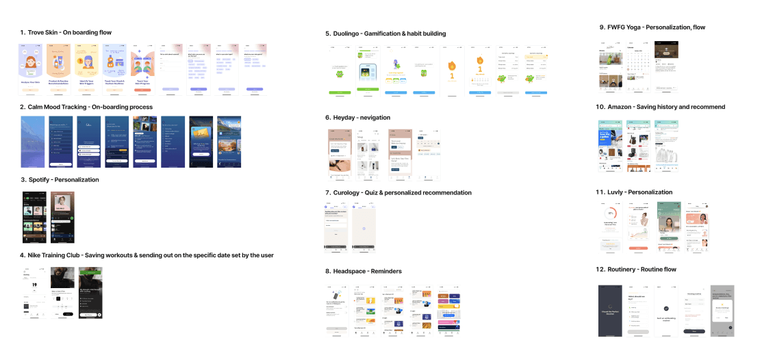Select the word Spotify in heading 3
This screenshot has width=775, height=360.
pos(38,180)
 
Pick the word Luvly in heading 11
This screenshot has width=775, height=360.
pos(616,192)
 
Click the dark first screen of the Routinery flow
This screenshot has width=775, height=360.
pos(610,310)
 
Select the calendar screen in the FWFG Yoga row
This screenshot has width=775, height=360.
pos(638,67)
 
